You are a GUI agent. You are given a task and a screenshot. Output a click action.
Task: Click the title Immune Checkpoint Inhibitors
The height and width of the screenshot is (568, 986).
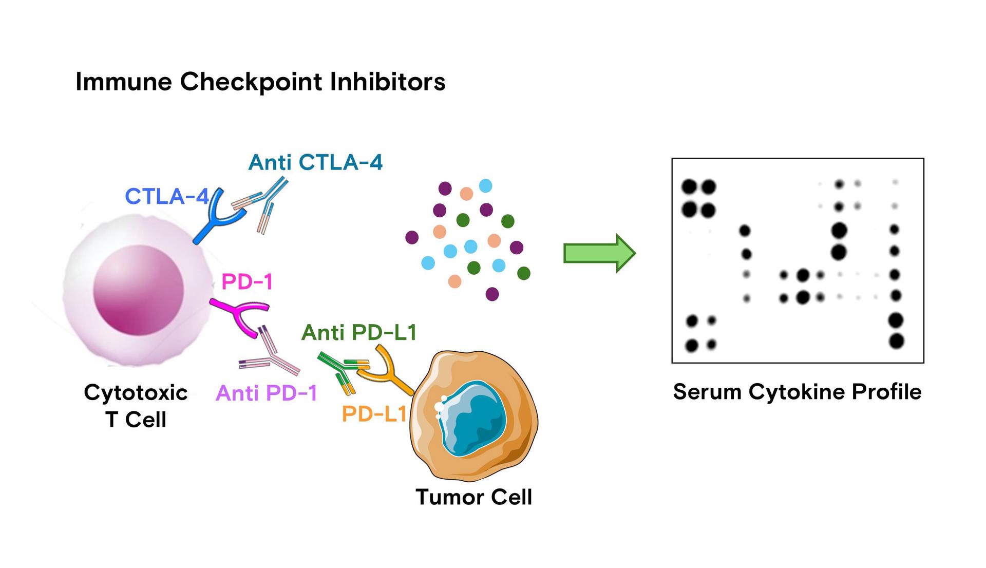[x=260, y=82]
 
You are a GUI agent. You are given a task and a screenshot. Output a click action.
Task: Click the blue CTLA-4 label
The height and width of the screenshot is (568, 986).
[x=167, y=196]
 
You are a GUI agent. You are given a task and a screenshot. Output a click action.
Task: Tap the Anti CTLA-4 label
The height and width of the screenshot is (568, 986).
[x=315, y=162]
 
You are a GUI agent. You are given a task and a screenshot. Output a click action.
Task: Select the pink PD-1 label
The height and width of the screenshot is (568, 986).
[x=246, y=281]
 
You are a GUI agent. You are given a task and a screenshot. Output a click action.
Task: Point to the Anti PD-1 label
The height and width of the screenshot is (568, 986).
[x=267, y=393]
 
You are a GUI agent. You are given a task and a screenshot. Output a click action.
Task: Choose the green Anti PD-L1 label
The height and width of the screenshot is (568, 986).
[x=358, y=332]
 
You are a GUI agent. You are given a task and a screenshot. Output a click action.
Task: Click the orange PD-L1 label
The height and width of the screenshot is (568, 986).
[x=374, y=414]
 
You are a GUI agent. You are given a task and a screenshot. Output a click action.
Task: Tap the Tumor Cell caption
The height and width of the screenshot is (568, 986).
[x=473, y=497]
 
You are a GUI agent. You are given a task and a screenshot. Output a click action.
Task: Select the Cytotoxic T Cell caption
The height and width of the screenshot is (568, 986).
[x=136, y=406]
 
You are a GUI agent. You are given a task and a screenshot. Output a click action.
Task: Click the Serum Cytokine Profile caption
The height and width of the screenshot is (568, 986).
[x=797, y=392]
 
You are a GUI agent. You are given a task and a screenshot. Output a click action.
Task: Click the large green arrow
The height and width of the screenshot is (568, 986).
[x=599, y=253]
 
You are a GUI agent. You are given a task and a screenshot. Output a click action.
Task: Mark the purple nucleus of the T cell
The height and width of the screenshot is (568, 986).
[x=138, y=290]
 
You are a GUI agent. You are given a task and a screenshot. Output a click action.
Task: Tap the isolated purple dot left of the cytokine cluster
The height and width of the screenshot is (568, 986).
[x=412, y=237]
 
